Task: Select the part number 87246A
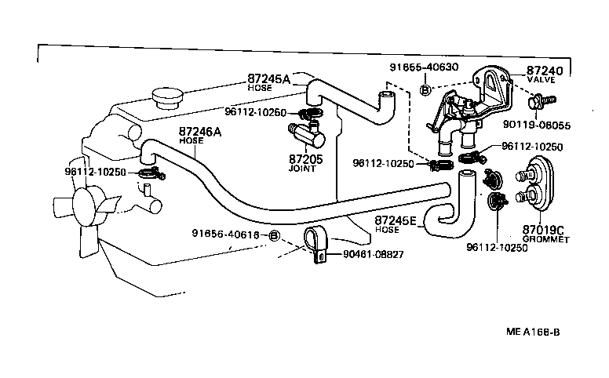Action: click(x=200, y=132)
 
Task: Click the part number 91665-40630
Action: click(x=425, y=67)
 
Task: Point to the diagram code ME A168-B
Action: click(x=533, y=331)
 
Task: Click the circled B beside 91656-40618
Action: click(x=274, y=235)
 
